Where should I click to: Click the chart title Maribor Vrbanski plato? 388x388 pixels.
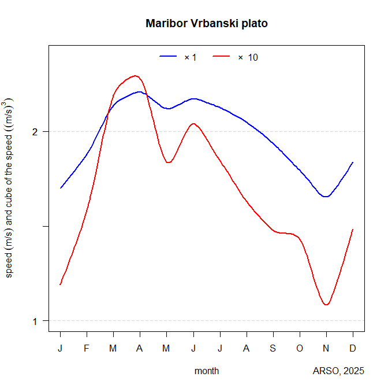click(x=207, y=24)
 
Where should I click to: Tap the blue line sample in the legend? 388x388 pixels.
click(x=168, y=57)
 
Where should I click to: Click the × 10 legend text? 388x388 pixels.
click(x=248, y=57)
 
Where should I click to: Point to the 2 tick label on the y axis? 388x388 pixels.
click(x=36, y=132)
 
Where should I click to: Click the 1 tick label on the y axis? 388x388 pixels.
click(x=36, y=321)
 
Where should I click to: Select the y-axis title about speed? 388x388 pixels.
click(x=10, y=187)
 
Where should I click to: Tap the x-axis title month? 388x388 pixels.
click(x=207, y=371)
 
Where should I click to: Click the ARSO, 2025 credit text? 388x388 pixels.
click(x=338, y=371)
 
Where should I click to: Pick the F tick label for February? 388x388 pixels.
click(x=87, y=348)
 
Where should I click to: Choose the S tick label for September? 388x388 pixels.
click(x=273, y=348)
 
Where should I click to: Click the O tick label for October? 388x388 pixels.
click(x=300, y=348)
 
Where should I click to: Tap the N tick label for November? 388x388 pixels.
click(x=326, y=348)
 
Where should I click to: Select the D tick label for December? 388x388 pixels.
click(x=353, y=348)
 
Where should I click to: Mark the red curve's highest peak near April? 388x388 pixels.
click(x=135, y=76)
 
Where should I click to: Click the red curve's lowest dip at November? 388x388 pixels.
click(x=327, y=305)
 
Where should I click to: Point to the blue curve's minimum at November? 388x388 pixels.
click(x=327, y=197)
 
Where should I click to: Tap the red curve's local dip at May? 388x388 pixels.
click(x=168, y=162)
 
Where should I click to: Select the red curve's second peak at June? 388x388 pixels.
click(x=193, y=124)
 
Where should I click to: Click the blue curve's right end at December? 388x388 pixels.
click(x=352, y=163)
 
